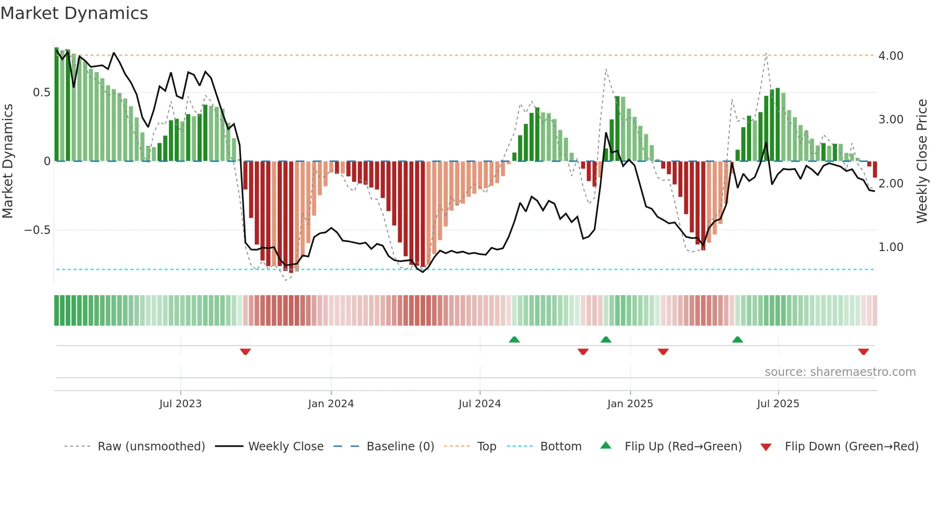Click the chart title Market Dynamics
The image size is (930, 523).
click(x=74, y=13)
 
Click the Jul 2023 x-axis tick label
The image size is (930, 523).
click(x=180, y=404)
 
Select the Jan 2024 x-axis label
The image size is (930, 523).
click(x=331, y=404)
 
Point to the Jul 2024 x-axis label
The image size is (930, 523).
click(x=480, y=404)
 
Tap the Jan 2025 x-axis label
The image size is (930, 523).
click(x=630, y=404)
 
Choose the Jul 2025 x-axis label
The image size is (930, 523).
click(x=778, y=404)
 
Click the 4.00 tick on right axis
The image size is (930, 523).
click(x=891, y=56)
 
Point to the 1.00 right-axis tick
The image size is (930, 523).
click(x=891, y=247)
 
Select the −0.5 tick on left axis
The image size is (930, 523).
click(x=37, y=230)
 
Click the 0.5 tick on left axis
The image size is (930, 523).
click(x=41, y=93)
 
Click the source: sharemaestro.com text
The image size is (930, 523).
click(x=840, y=372)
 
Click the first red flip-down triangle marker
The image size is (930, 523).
click(x=245, y=352)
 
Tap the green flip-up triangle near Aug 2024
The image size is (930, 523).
click(x=514, y=339)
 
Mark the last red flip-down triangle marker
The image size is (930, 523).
click(x=864, y=352)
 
